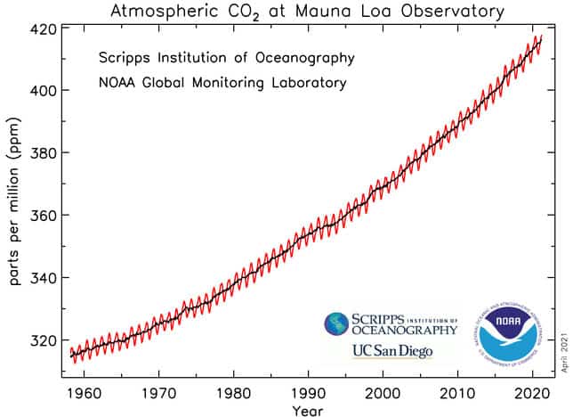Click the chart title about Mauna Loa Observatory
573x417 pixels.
coord(307,12)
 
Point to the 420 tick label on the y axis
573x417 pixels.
coord(44,29)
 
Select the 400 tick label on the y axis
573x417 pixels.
coord(44,91)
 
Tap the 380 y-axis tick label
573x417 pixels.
coord(44,153)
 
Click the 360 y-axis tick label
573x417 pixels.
coord(44,216)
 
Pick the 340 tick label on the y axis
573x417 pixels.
coord(44,278)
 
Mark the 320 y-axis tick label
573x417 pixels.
coord(44,340)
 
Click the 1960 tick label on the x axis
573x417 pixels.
coord(82,392)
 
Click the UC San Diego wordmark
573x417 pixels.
coord(392,350)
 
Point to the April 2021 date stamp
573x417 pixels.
coord(563,353)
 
